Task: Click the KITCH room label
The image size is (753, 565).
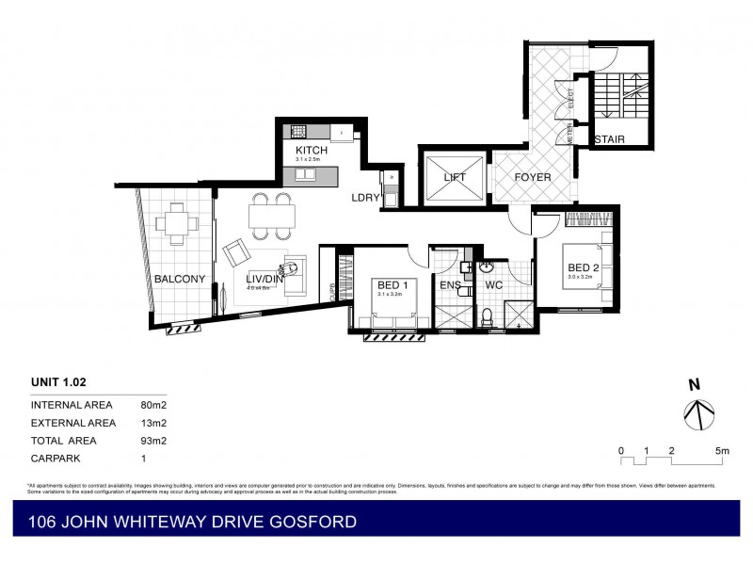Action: [x=312, y=151]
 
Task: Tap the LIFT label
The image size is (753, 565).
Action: [x=455, y=177]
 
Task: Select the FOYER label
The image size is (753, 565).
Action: [x=532, y=177]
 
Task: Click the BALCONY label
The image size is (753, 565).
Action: [x=179, y=279]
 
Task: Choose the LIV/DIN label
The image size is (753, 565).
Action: [x=265, y=279]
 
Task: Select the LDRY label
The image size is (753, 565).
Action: [x=364, y=198]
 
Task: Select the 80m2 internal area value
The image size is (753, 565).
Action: [x=152, y=405]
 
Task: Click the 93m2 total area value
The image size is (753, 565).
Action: [x=152, y=440]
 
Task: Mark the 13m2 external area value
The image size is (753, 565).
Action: [x=152, y=423]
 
